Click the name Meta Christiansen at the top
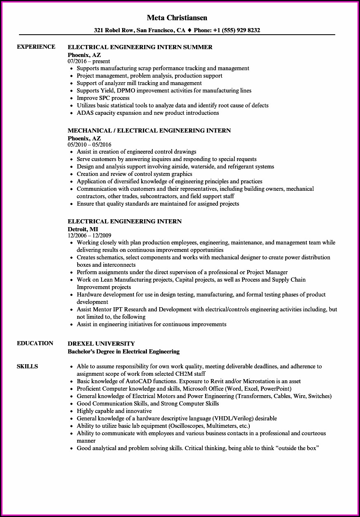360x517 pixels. pos(177,18)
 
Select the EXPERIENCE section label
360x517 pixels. pos(36,47)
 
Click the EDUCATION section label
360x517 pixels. pos(35,343)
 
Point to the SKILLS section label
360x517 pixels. pos(27,366)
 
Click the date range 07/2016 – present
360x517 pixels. pos(89,61)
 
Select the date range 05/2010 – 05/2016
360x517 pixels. pos(90,145)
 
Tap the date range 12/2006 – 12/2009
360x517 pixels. pos(90,235)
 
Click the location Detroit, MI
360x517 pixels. pos(83,229)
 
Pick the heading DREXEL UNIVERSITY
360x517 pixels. pos(101,344)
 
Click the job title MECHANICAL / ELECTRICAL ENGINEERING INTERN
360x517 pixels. pos(149,130)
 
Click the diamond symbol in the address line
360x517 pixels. pos(189,30)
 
